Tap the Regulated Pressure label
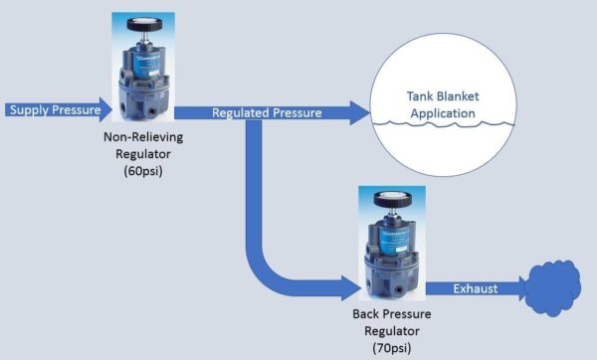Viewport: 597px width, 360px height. (266, 113)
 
